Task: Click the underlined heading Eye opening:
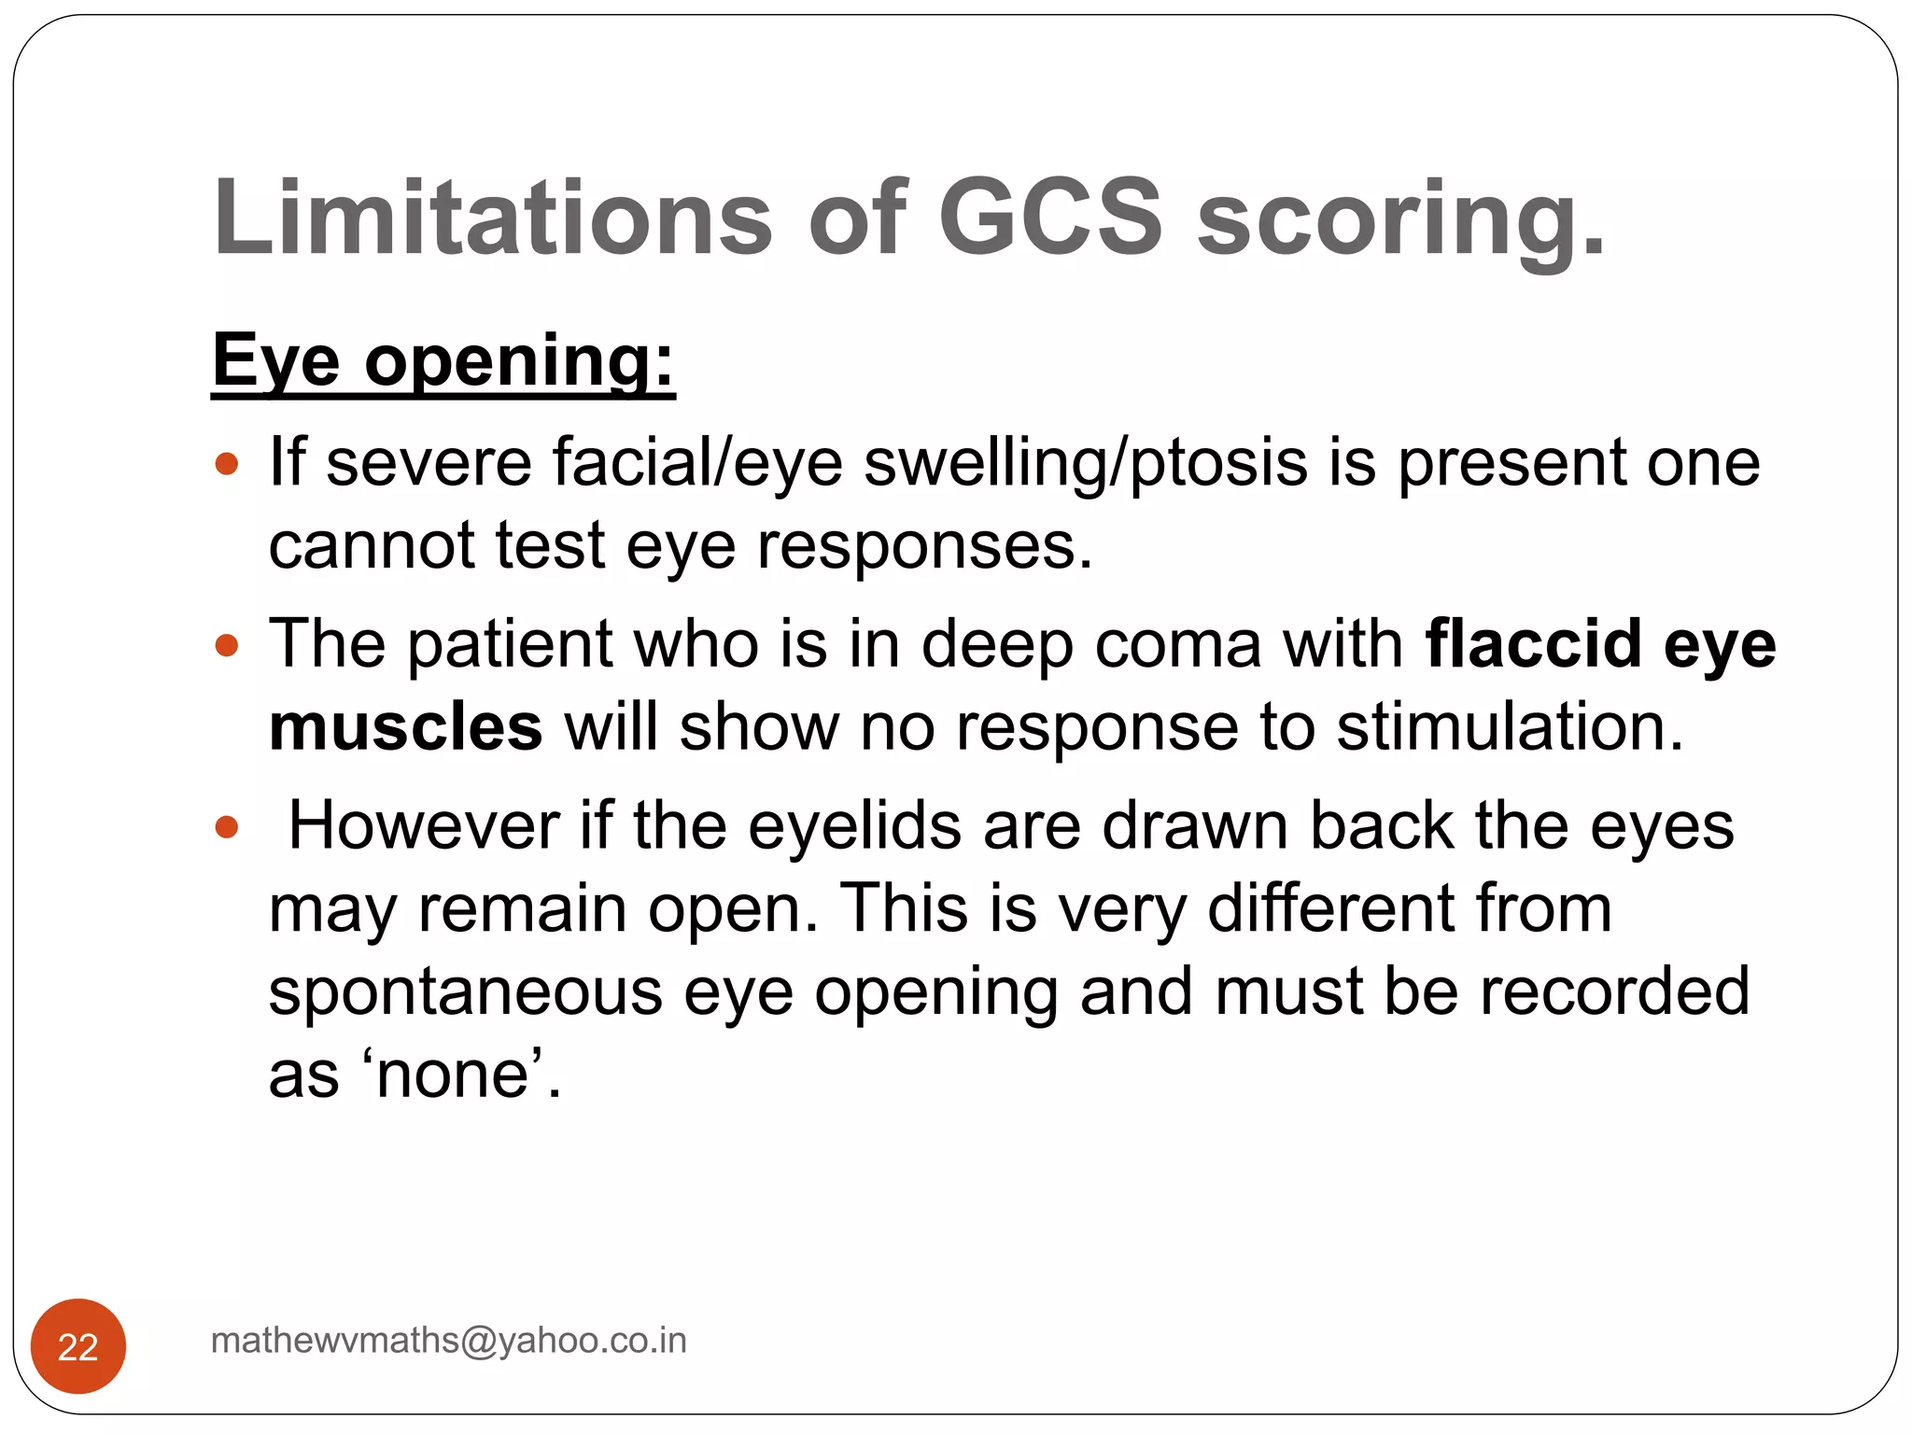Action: [x=443, y=362]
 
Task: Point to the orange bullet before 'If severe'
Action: [x=227, y=463]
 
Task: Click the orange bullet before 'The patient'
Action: [x=227, y=645]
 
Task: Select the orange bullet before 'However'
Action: [x=227, y=827]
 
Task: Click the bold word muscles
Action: [x=405, y=727]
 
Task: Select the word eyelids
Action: [x=854, y=826]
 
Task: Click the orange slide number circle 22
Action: [x=78, y=1346]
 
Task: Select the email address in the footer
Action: [x=449, y=1341]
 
